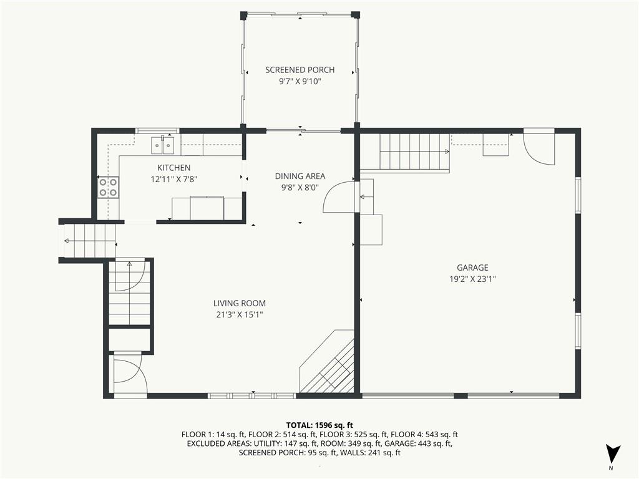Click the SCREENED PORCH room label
[300, 70]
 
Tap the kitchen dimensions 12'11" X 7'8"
[173, 179]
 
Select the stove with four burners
[108, 187]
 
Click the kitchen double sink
[163, 145]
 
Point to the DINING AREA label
[300, 177]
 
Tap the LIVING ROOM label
[235, 304]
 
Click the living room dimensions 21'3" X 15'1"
[235, 315]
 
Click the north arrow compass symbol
[613, 454]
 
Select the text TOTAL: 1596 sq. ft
[319, 425]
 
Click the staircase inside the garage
[414, 152]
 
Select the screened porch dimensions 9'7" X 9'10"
[300, 81]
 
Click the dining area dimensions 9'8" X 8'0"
[300, 188]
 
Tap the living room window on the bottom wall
[251, 395]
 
